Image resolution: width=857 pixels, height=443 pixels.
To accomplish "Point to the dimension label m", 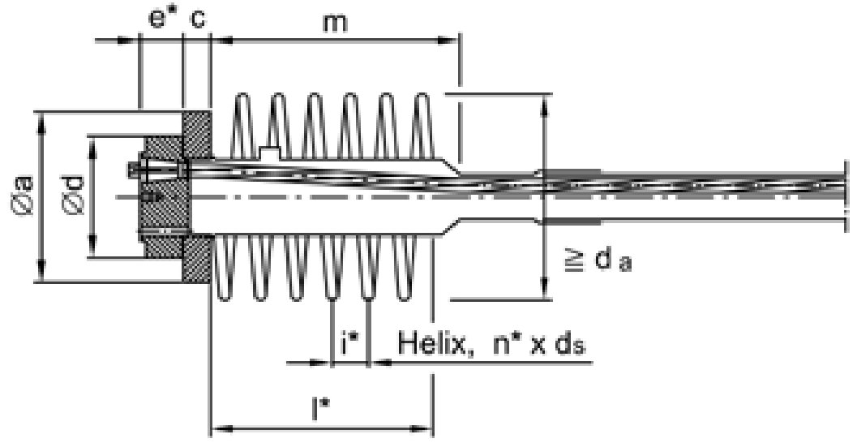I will [335, 22].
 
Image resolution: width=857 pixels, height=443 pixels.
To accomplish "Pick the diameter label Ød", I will [75, 196].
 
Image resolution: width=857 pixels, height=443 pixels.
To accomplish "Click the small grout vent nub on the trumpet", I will [269, 152].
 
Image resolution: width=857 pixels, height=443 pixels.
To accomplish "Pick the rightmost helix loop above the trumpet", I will [422, 126].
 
